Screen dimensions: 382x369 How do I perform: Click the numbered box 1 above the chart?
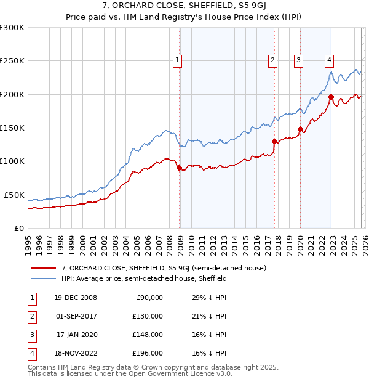(177, 60)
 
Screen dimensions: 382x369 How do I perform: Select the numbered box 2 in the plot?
(272, 60)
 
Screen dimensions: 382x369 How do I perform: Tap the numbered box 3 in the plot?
(298, 60)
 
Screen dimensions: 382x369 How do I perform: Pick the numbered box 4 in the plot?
(329, 60)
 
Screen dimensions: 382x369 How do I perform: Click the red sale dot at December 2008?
(180, 168)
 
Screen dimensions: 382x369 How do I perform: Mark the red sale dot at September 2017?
(274, 141)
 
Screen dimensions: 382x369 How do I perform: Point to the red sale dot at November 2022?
(331, 97)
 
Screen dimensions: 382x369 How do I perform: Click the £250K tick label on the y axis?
(12, 61)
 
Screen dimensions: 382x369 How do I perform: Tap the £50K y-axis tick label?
(15, 195)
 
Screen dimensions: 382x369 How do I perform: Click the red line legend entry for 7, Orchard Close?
(164, 268)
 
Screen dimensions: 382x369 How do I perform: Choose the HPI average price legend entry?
(145, 278)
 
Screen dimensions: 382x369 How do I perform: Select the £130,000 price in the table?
(148, 316)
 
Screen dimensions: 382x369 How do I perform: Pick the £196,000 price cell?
(148, 353)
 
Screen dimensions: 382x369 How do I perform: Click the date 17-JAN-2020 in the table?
(76, 335)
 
